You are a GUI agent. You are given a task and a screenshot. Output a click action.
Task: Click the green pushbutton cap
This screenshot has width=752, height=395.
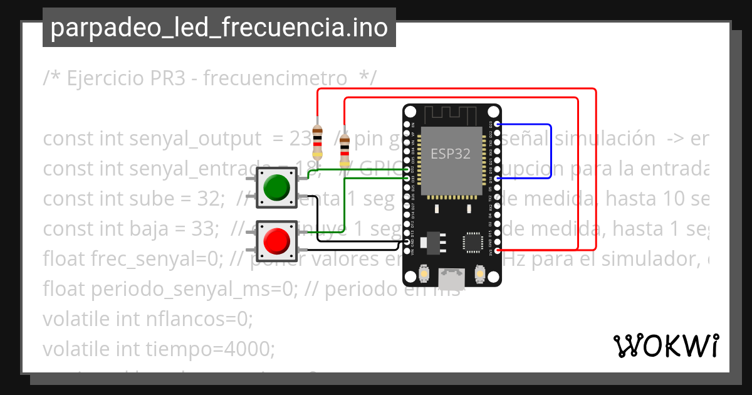276,186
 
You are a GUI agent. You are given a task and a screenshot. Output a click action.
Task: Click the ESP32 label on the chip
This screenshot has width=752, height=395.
450,154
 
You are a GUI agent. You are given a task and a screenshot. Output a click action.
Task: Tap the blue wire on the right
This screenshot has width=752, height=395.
550,151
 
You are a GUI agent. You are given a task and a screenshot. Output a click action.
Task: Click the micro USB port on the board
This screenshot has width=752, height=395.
451,275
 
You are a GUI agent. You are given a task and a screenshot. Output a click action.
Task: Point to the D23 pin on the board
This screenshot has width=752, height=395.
498,125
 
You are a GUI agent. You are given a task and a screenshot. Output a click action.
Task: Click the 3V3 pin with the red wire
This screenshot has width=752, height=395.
498,251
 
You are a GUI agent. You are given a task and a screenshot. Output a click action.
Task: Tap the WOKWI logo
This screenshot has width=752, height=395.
666,345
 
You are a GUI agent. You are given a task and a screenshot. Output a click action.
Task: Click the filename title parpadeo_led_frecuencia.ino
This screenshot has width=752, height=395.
219,28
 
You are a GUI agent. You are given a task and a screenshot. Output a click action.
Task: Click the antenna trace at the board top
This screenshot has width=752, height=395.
451,115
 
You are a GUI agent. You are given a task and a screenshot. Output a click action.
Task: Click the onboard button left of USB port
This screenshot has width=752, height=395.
424,275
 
